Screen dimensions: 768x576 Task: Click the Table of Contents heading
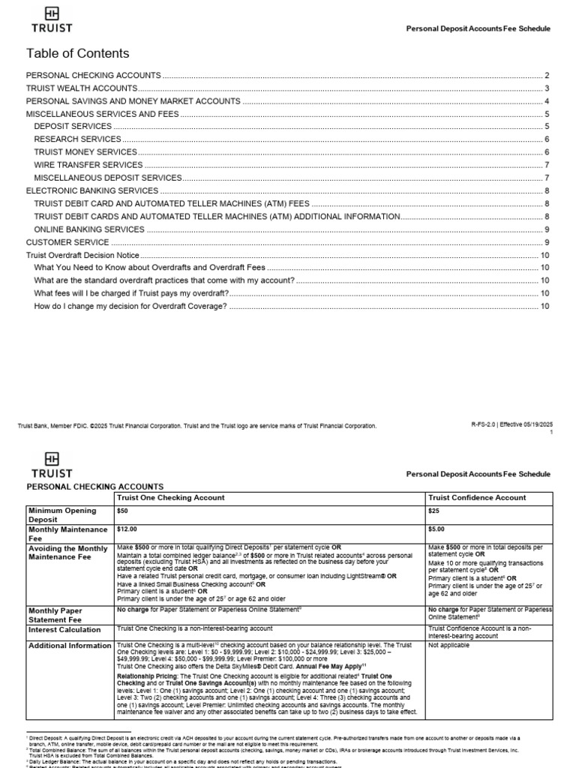pos(77,53)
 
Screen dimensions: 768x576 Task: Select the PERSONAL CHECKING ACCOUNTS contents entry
pos(94,76)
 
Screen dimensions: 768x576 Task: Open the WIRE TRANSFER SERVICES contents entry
pos(88,165)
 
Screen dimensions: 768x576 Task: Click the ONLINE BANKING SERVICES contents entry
pos(89,229)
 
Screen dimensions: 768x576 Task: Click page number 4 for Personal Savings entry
pos(547,101)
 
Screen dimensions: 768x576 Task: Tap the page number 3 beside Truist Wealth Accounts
pos(547,88)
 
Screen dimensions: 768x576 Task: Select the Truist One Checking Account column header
pos(165,497)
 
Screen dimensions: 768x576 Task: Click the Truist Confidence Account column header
pos(477,497)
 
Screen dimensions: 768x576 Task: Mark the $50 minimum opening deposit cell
pos(123,510)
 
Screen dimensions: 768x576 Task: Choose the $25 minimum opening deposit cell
pos(434,510)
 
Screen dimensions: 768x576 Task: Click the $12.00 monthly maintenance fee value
pos(128,529)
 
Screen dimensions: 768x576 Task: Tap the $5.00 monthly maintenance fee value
pos(436,529)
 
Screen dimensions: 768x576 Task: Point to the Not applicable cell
pos(448,645)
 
